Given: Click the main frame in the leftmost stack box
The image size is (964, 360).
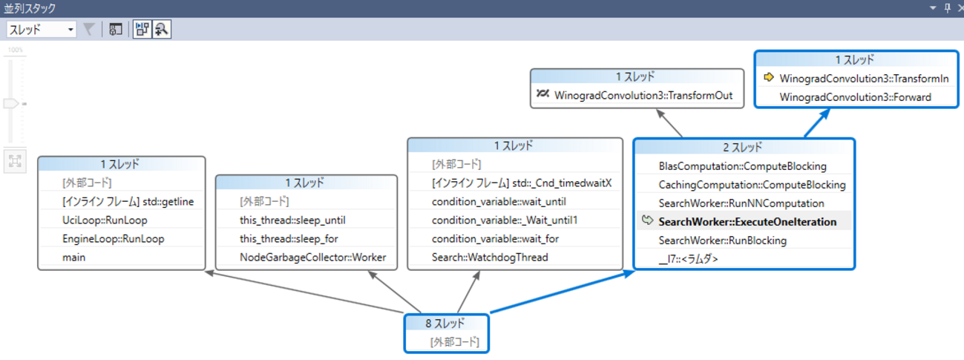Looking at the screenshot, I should click(74, 258).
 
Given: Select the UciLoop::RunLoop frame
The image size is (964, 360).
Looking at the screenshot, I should click(105, 220).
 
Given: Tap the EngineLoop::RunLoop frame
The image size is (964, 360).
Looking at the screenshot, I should click(113, 239).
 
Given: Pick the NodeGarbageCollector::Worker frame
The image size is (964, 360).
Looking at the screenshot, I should click(312, 258).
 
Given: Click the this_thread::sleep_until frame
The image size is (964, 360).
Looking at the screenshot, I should click(292, 220).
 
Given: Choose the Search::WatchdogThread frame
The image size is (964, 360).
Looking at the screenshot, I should click(489, 258).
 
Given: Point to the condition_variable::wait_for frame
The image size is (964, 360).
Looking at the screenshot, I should click(495, 239).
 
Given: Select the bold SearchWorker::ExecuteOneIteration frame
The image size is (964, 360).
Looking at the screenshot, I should click(747, 222).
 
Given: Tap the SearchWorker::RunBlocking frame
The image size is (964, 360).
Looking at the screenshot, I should click(722, 240).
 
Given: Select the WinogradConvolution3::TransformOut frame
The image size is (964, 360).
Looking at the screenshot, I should click(643, 96).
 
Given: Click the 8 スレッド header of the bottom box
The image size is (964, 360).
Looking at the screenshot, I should click(446, 324).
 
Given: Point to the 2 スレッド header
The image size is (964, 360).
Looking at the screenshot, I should click(744, 148).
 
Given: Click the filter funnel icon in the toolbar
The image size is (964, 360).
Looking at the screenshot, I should click(88, 30).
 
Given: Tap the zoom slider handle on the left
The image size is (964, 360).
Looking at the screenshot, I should click(11, 104).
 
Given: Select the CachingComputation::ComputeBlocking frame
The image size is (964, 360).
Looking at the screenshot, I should click(752, 185).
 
